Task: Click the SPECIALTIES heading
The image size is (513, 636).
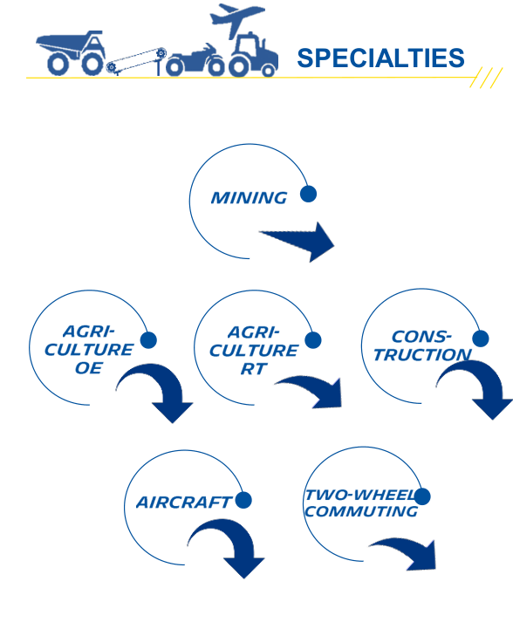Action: click(x=380, y=58)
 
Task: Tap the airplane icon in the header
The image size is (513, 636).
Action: click(x=236, y=18)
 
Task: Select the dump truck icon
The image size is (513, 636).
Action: click(x=71, y=52)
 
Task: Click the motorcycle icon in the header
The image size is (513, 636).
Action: click(x=195, y=61)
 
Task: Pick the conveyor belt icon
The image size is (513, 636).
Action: click(x=137, y=62)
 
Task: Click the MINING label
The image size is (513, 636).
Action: click(x=249, y=198)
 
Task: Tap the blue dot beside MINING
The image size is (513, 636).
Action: click(x=308, y=194)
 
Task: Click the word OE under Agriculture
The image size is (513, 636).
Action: click(x=88, y=368)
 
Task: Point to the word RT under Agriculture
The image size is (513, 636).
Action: click(x=254, y=369)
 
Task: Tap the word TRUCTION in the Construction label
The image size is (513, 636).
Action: click(x=422, y=355)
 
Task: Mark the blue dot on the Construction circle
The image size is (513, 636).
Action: click(x=481, y=339)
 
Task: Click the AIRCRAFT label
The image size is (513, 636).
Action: click(x=184, y=503)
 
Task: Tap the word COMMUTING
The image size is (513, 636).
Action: click(x=361, y=511)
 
